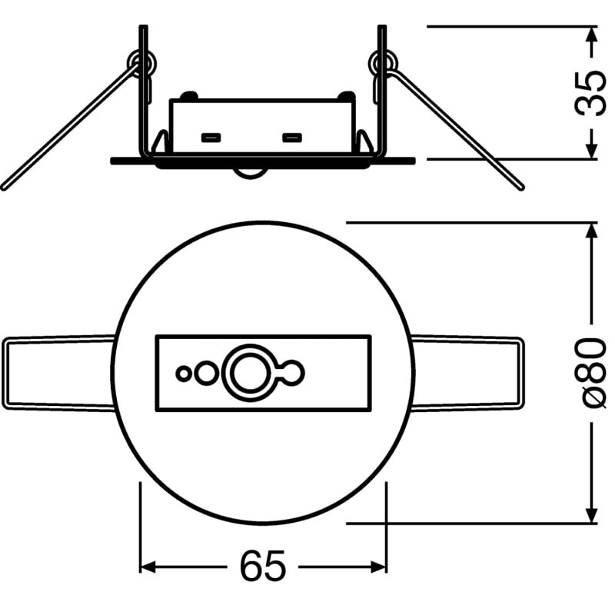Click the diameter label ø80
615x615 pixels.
590,373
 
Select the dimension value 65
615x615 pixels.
262,567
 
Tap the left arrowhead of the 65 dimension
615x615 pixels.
148,567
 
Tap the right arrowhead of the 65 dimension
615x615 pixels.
378,567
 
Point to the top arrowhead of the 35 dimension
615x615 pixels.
591,35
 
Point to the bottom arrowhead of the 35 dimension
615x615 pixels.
591,151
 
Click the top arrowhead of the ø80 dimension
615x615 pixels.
591,231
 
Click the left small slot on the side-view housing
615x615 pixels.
211,138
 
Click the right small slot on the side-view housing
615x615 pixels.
292,138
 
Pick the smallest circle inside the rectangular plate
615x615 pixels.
183,374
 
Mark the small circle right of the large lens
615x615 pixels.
293,373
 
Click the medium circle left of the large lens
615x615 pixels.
206,373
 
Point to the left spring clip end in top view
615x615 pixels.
5,373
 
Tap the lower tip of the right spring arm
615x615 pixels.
521,188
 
